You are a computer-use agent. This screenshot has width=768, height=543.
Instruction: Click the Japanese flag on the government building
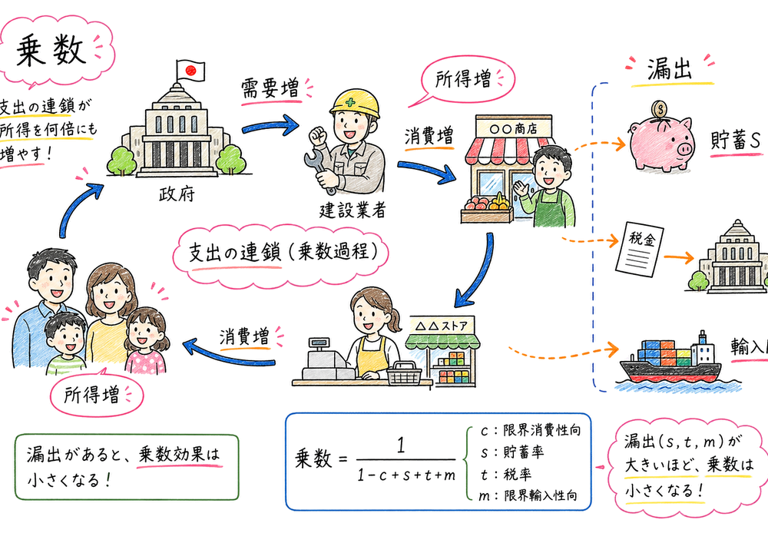(190, 71)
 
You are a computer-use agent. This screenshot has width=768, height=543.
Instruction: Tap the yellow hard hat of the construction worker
(355, 104)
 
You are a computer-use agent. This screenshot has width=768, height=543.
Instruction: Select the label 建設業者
(353, 210)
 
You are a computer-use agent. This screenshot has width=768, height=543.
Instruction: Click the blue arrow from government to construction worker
(270, 122)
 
